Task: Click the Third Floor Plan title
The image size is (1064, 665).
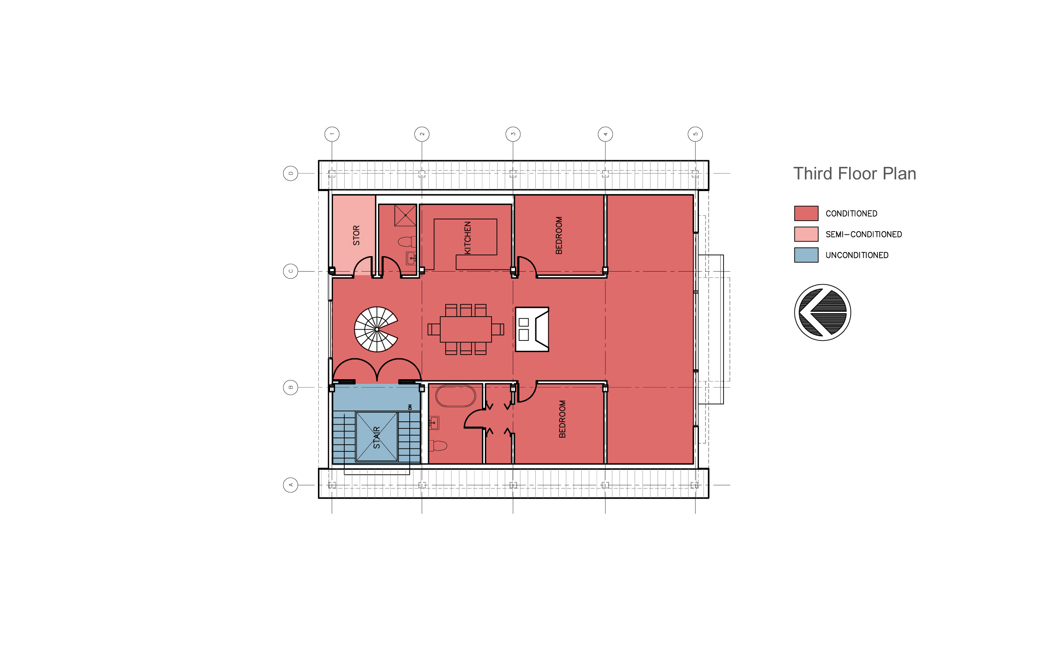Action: tap(854, 174)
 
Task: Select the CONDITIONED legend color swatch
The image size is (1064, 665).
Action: tap(806, 213)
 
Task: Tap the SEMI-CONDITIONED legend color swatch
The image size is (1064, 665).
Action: tap(806, 234)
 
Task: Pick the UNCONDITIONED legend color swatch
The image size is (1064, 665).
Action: tap(806, 254)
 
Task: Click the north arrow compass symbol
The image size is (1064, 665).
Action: tap(822, 312)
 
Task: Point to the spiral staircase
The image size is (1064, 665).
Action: tap(376, 329)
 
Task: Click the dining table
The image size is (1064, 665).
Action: tap(465, 329)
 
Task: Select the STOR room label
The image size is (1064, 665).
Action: tap(356, 235)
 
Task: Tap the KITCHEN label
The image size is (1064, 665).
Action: tap(468, 237)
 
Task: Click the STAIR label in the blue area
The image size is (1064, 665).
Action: tap(376, 437)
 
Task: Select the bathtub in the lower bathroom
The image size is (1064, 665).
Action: tap(455, 396)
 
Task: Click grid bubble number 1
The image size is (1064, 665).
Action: tap(332, 134)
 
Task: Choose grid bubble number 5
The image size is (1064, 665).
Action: tap(695, 134)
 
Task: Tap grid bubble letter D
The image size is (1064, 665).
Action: tap(290, 173)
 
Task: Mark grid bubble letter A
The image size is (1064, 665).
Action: tap(290, 485)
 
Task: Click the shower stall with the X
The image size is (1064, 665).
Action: tap(405, 216)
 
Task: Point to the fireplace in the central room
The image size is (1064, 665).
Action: tap(532, 329)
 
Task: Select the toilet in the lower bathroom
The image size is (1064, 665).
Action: tap(438, 446)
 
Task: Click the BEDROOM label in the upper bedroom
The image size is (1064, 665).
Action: tap(559, 235)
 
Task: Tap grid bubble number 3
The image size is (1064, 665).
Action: tap(513, 134)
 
